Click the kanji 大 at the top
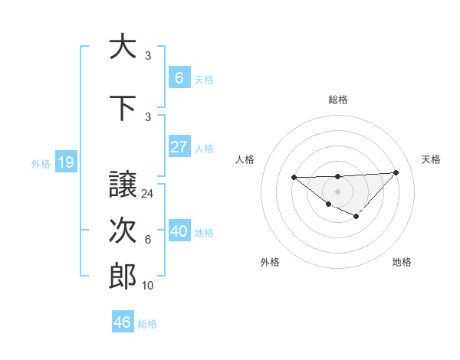click(123, 47)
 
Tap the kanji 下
click(123, 108)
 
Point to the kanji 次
click(123, 231)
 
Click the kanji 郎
click(123, 277)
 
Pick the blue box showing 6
click(179, 77)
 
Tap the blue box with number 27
click(179, 146)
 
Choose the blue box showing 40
click(179, 231)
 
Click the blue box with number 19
click(65, 162)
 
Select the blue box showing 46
click(123, 322)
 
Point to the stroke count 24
click(148, 194)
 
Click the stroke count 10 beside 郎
click(148, 286)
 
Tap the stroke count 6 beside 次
click(148, 240)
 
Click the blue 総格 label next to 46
click(148, 323)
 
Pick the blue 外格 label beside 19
click(41, 162)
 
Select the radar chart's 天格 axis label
click(431, 159)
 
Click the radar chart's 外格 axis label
click(270, 262)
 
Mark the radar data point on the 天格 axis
click(396, 172)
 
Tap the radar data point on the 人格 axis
click(294, 177)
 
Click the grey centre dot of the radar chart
click(337, 191)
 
